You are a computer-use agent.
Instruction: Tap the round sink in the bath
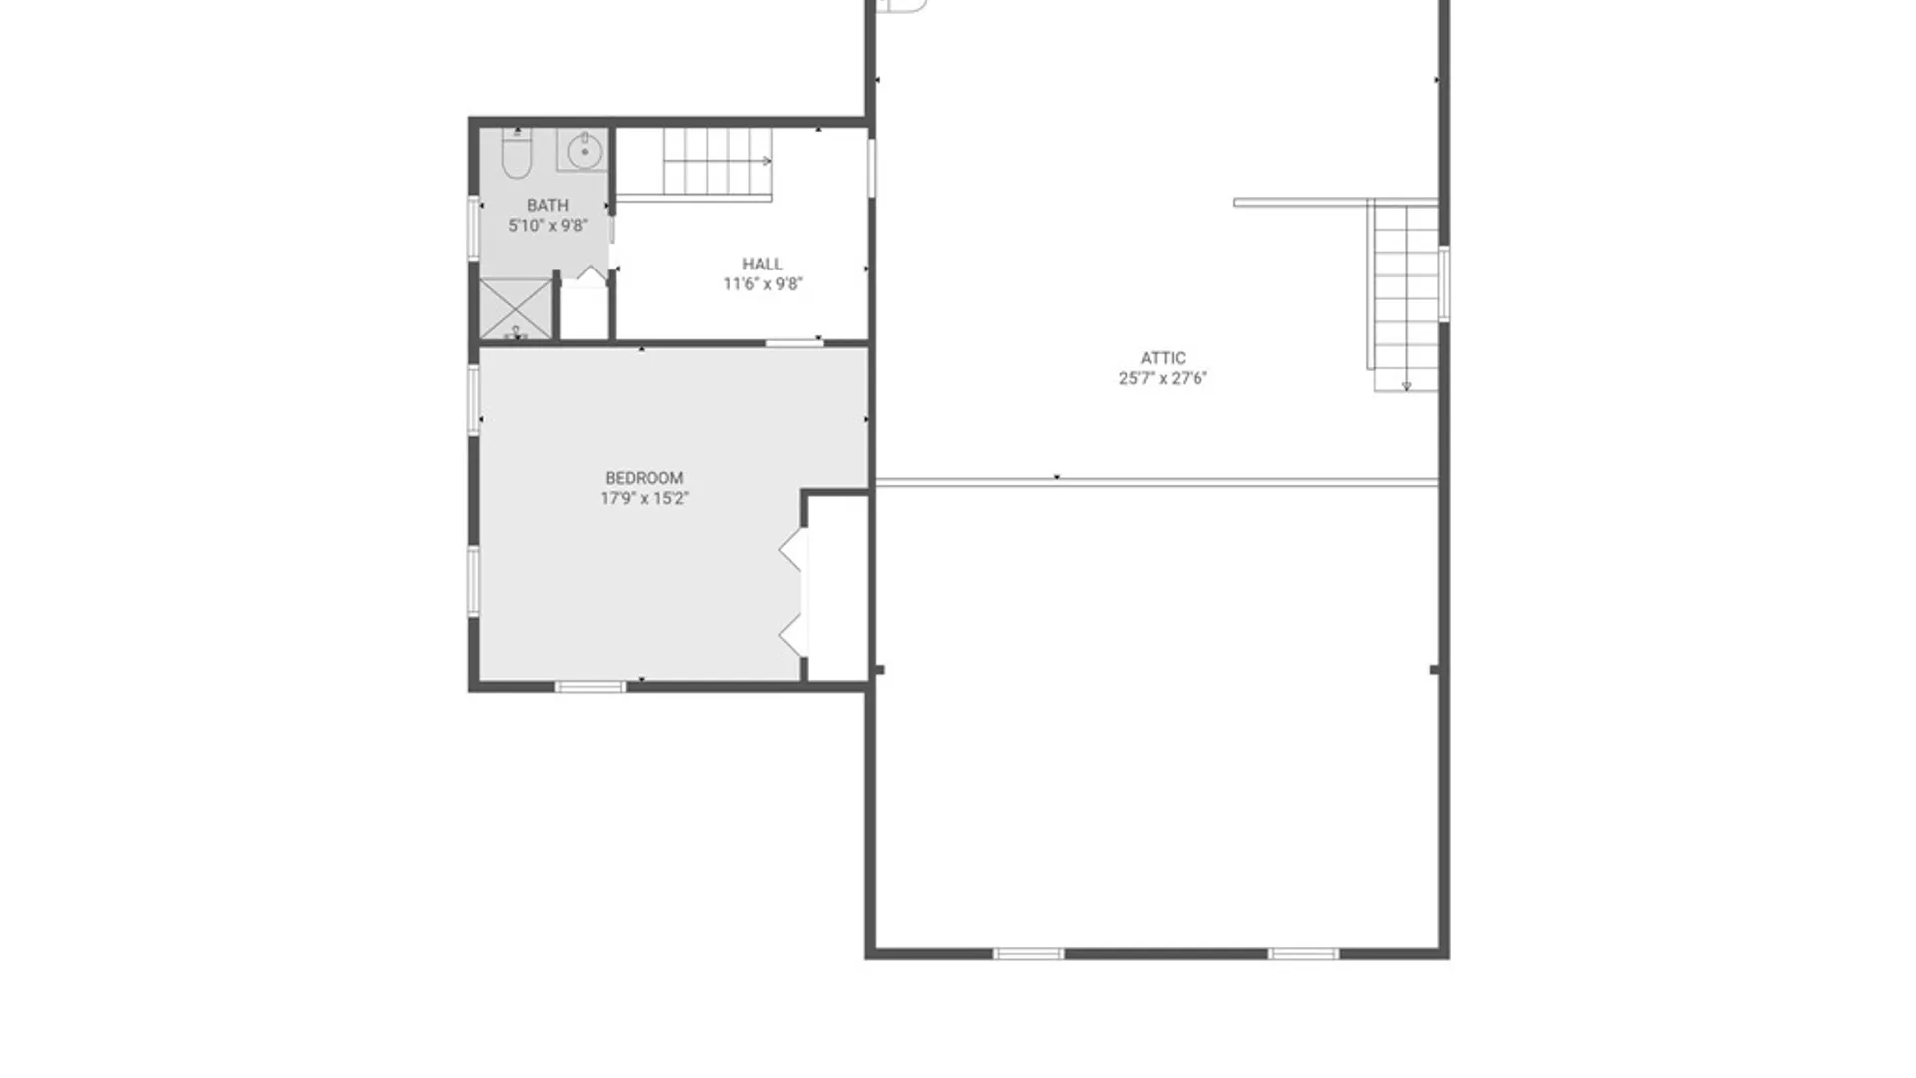(x=584, y=152)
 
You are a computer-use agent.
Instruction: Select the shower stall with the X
(x=515, y=309)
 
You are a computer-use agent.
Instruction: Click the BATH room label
(x=548, y=205)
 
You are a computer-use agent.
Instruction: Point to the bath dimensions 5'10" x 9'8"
(x=548, y=226)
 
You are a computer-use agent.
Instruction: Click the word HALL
(x=762, y=264)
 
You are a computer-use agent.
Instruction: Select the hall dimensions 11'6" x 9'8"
(x=763, y=284)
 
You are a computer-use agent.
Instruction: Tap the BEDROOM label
(x=644, y=478)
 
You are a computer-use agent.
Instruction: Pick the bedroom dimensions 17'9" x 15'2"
(x=644, y=499)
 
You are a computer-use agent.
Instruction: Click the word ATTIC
(x=1163, y=358)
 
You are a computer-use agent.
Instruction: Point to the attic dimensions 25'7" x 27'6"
(x=1163, y=378)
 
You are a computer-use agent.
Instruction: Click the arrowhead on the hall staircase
(x=768, y=161)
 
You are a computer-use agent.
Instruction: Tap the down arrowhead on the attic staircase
(x=1406, y=386)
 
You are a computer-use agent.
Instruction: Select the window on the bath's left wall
(x=474, y=228)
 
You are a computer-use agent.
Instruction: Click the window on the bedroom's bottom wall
(x=590, y=687)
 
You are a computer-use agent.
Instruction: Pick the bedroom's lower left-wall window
(x=474, y=581)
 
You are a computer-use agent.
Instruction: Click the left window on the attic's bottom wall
(x=1029, y=954)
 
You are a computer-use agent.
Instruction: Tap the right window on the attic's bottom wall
(x=1303, y=954)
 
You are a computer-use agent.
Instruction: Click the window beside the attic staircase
(x=1444, y=283)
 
